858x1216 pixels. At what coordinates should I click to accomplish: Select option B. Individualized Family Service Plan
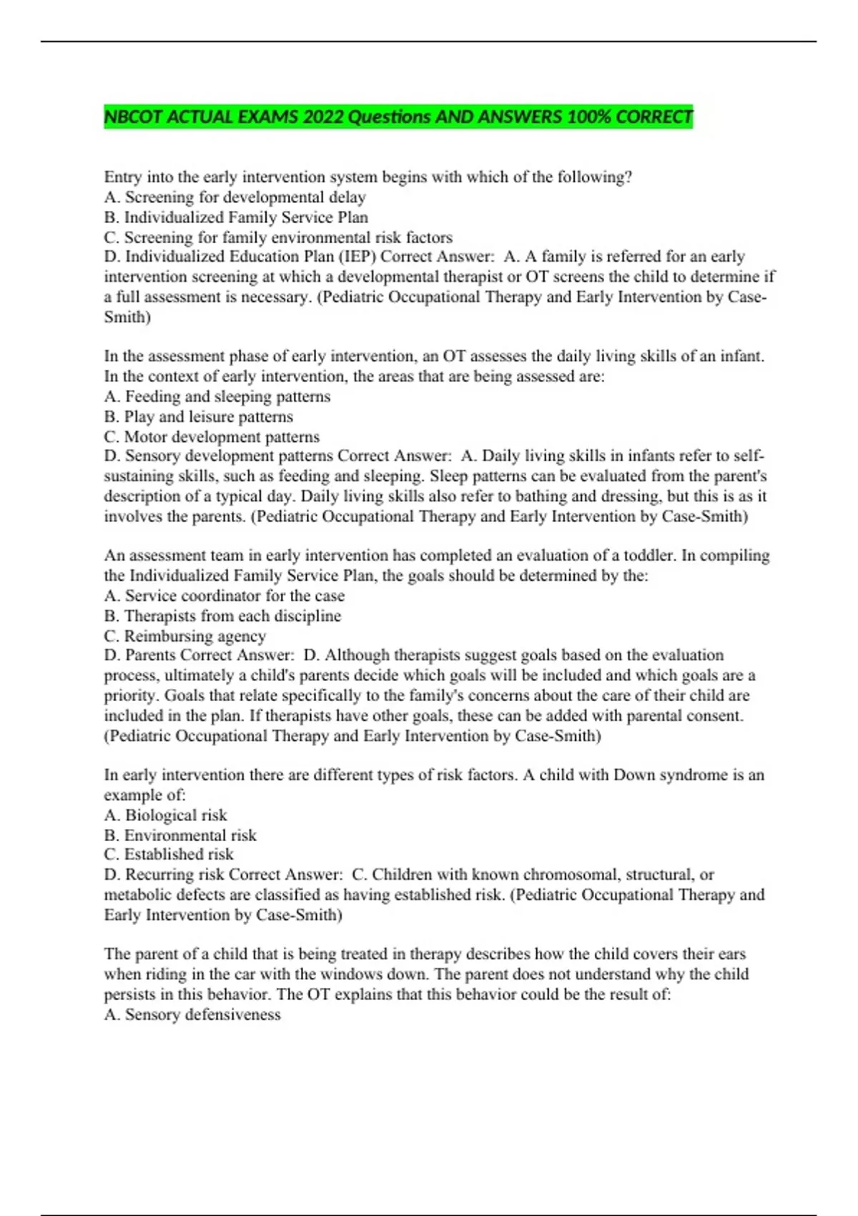(236, 217)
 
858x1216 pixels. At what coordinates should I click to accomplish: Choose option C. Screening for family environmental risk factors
(278, 237)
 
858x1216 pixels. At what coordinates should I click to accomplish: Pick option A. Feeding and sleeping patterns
(217, 396)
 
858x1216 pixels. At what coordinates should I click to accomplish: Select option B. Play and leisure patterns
(198, 416)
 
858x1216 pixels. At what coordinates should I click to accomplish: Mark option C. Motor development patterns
(212, 436)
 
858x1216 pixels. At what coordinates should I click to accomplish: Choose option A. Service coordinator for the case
(224, 596)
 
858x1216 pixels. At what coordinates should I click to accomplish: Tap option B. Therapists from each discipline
(222, 616)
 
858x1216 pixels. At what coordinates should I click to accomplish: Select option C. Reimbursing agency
(184, 636)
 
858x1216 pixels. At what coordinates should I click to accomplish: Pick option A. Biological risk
(165, 815)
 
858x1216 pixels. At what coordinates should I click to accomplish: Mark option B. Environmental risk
(180, 835)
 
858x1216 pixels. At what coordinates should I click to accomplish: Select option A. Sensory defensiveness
(192, 1014)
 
